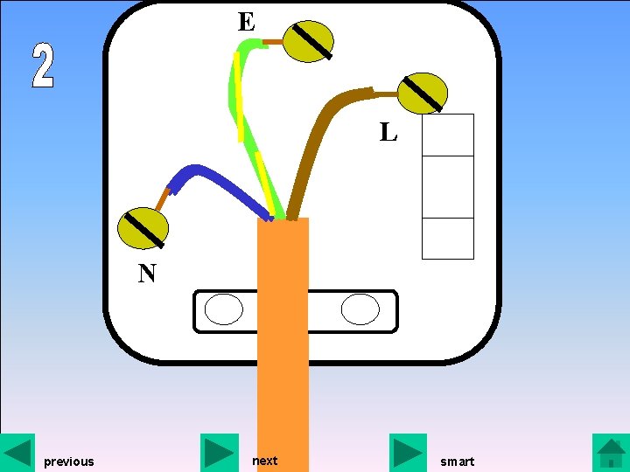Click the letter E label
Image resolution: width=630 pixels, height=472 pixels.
tap(246, 22)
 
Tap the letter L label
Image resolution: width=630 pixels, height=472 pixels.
tap(388, 133)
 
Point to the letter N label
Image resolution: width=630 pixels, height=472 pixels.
tap(147, 274)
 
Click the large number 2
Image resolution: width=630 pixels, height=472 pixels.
tap(43, 66)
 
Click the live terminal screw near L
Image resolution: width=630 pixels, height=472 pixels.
tap(423, 94)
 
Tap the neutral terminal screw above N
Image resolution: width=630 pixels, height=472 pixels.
tap(143, 228)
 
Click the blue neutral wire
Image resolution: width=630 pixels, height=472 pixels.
tap(219, 184)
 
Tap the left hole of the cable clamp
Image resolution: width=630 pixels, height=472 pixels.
tap(223, 309)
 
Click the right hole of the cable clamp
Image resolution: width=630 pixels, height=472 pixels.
tap(360, 309)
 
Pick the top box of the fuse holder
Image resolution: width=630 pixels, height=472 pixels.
tap(448, 135)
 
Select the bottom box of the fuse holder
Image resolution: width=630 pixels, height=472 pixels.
tap(448, 239)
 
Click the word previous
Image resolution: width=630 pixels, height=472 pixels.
tap(68, 462)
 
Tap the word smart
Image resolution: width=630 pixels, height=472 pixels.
tap(457, 462)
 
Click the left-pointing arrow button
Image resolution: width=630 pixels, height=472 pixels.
tap(17, 452)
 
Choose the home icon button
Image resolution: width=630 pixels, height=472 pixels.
tap(610, 452)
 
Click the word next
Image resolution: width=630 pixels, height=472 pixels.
tap(264, 461)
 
